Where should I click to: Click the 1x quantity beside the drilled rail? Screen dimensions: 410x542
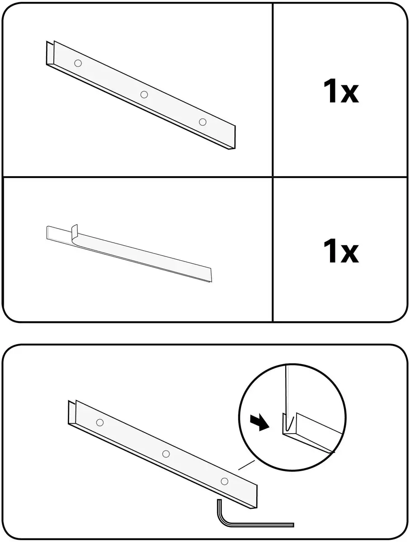[x=341, y=91]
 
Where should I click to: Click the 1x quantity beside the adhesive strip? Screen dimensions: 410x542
[x=341, y=250]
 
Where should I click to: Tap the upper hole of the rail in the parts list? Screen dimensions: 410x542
[x=78, y=63]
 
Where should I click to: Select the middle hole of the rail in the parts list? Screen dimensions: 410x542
[x=144, y=94]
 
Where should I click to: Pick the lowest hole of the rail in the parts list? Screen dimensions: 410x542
[x=203, y=122]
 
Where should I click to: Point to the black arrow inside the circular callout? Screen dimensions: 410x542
[x=259, y=422]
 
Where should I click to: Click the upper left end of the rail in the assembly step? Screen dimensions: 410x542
[x=69, y=401]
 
